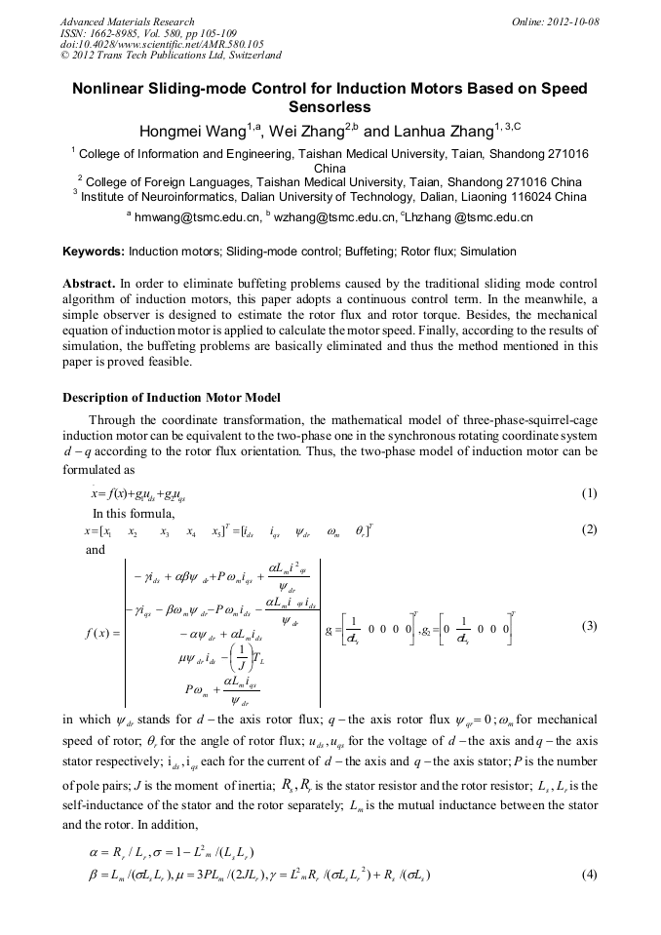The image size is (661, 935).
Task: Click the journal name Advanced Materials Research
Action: pos(127,20)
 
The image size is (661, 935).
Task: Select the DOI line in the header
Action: pos(162,44)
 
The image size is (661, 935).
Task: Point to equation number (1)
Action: pos(588,493)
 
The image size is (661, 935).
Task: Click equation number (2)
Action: pos(588,530)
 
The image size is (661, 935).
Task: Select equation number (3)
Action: pos(588,626)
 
